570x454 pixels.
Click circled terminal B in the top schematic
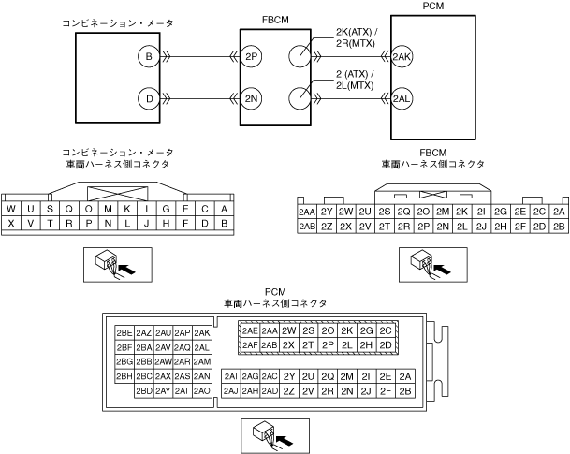(147, 57)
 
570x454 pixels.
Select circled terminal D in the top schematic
(147, 96)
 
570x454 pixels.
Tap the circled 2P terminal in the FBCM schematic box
(251, 57)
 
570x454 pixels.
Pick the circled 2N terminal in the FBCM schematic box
(251, 96)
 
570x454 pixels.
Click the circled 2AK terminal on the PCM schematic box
(402, 57)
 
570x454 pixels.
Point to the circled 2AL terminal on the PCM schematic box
(402, 96)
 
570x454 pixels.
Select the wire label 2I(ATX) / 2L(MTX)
(355, 81)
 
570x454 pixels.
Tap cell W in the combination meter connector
(11, 209)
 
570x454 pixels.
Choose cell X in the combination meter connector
(11, 224)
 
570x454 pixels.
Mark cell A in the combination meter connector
(226, 209)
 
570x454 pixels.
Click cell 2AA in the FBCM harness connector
(306, 212)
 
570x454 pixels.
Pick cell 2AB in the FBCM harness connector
(306, 227)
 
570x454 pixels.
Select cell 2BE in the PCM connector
(124, 333)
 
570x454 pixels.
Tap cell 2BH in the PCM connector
(124, 376)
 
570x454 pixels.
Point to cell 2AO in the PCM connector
(202, 390)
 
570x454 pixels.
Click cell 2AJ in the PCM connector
(231, 390)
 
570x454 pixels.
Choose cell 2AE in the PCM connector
(250, 330)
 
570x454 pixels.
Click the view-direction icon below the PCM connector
(264, 433)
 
